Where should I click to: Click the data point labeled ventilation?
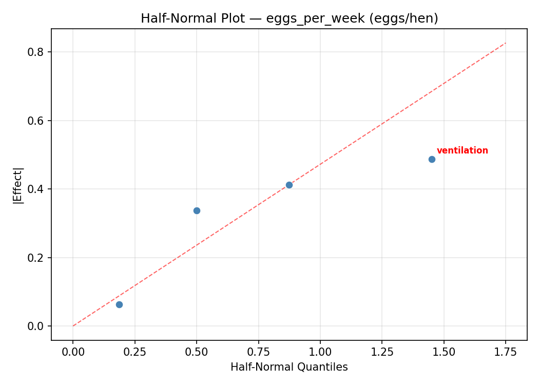point(432,159)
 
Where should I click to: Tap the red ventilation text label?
point(462,150)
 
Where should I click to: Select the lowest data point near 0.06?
point(119,304)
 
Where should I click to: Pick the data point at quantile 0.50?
point(197,210)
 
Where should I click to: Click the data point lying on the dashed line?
point(289,185)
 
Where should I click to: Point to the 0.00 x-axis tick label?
point(73,352)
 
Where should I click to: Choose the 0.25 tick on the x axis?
point(134,352)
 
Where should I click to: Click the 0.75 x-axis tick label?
point(258,352)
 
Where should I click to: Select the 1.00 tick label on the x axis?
point(320,352)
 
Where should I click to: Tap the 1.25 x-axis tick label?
point(382,352)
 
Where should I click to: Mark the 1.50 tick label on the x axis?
point(444,352)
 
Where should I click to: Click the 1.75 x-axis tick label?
point(505,352)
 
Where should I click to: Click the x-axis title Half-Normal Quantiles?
point(289,367)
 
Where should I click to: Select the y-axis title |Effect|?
point(18,185)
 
